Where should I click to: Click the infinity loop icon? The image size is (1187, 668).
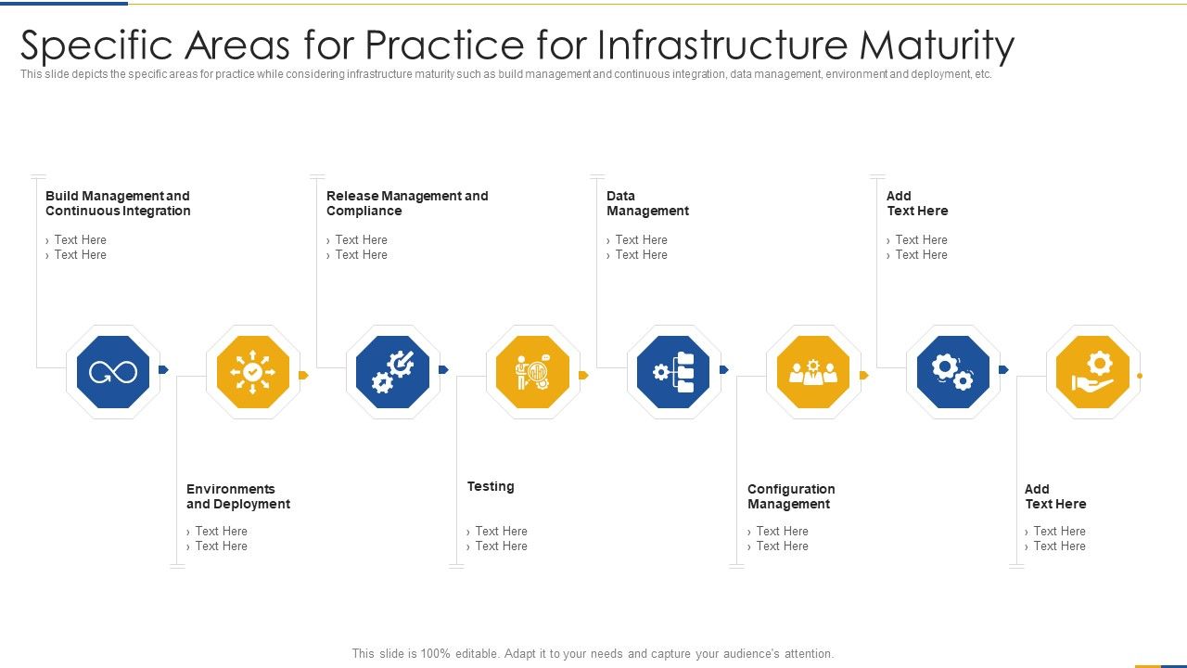coord(113,373)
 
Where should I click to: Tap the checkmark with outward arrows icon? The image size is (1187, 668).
coord(253,373)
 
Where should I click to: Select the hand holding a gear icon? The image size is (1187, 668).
coord(1092,373)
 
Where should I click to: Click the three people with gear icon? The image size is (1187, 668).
coord(812,373)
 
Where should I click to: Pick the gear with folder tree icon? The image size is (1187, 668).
coord(673,373)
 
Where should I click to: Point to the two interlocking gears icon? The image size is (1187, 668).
coord(952,373)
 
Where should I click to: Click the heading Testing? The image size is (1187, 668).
coord(491,486)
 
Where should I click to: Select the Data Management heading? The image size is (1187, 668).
coord(647,203)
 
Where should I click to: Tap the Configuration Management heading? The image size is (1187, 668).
coord(791,496)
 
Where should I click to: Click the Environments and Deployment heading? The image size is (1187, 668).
coord(238,496)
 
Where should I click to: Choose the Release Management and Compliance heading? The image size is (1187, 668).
coord(407,203)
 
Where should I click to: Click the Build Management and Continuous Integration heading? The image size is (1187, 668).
coord(118,203)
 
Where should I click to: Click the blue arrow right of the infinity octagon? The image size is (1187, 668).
coord(164,370)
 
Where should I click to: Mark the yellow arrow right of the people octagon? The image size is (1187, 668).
coord(864,376)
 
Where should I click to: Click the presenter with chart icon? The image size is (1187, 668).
coord(533,373)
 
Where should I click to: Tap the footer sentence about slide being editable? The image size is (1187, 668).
coord(593,653)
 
